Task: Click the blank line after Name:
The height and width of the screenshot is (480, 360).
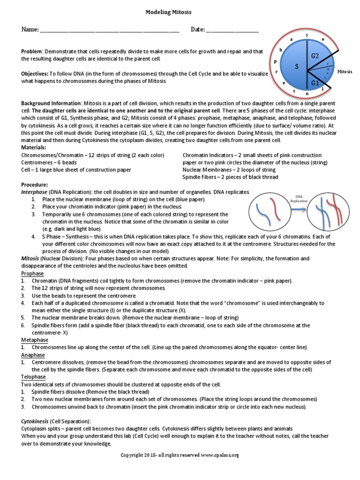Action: (x=110, y=31)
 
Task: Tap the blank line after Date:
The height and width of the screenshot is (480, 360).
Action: (x=232, y=31)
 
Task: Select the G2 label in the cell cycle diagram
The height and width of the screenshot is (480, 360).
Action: (x=315, y=56)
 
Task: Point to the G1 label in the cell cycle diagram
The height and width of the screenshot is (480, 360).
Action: (x=315, y=83)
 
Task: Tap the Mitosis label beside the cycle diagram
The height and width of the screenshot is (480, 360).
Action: (x=345, y=72)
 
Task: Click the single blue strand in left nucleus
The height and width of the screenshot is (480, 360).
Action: (x=265, y=216)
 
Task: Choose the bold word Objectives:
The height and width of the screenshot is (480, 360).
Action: (x=35, y=74)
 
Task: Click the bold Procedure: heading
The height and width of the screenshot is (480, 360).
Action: (x=35, y=185)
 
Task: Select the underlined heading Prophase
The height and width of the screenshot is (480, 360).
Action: (x=32, y=273)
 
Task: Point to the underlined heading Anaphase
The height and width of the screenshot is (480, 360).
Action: (x=33, y=355)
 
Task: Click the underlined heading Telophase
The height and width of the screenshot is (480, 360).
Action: (x=33, y=377)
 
